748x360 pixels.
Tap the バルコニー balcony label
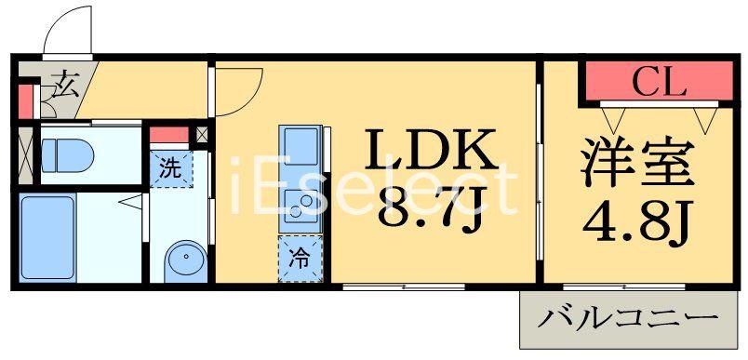(628, 319)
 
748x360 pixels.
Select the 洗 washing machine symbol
(169, 169)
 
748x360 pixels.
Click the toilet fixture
(67, 155)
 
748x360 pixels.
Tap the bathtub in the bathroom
(47, 237)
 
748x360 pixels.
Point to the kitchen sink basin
(301, 147)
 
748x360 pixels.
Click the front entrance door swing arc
(68, 29)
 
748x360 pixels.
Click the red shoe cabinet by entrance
(26, 102)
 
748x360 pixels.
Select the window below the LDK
(404, 287)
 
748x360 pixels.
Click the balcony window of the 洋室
(624, 287)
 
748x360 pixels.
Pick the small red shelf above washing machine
(169, 135)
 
